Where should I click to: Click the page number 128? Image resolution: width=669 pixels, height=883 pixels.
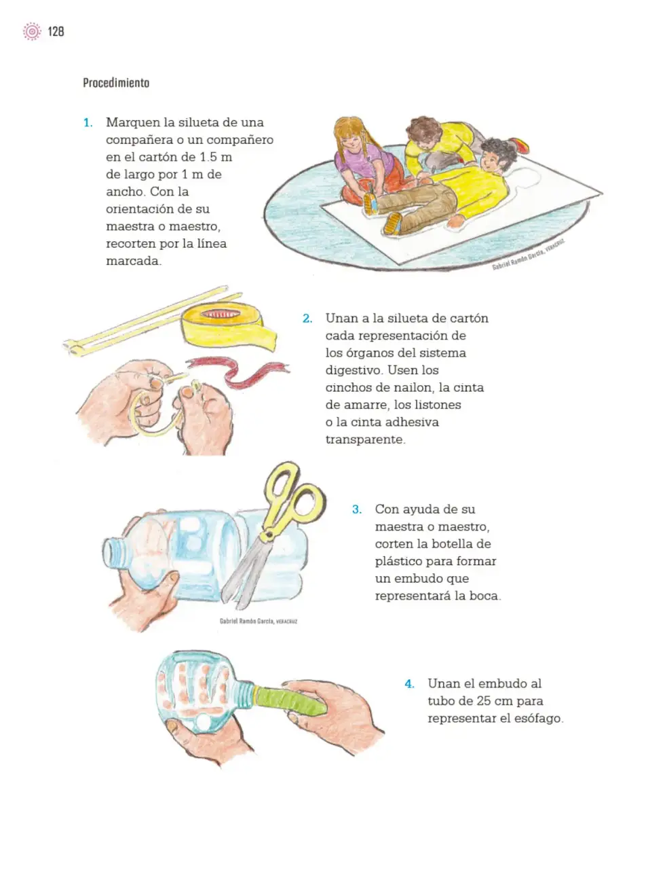(x=56, y=31)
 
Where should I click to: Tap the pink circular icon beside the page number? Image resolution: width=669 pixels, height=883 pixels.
(x=32, y=31)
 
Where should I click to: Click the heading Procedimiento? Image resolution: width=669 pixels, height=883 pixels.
(x=116, y=83)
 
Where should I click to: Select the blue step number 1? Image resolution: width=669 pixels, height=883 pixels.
(x=88, y=123)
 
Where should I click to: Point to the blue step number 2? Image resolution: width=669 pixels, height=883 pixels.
(x=307, y=319)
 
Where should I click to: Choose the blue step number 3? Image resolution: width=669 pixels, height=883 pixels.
(x=356, y=509)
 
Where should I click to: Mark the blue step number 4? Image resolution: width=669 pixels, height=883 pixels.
(x=409, y=684)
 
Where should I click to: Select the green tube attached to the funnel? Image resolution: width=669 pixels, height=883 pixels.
(x=290, y=700)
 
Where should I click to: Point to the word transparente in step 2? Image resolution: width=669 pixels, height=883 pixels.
(x=364, y=439)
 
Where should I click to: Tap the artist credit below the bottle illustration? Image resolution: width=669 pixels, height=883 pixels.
(x=259, y=621)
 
